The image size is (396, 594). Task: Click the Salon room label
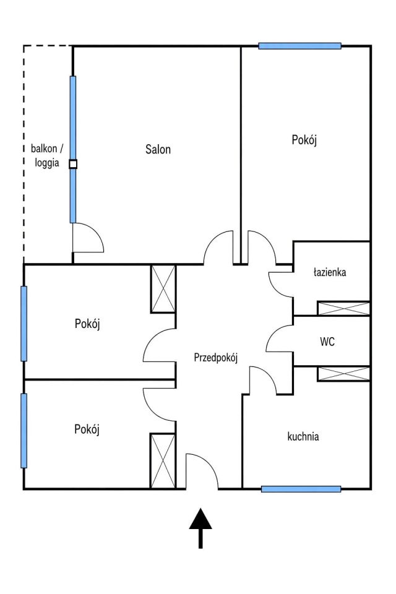pyautogui.click(x=158, y=149)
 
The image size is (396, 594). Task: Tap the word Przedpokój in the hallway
pyautogui.click(x=215, y=358)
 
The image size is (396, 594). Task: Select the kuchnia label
pyautogui.click(x=303, y=436)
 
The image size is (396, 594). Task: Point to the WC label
pyautogui.click(x=327, y=342)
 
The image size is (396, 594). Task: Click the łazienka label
pyautogui.click(x=330, y=272)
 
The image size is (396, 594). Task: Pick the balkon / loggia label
pyautogui.click(x=47, y=155)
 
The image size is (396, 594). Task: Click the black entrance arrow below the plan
pyautogui.click(x=200, y=528)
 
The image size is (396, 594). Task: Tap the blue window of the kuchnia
pyautogui.click(x=301, y=489)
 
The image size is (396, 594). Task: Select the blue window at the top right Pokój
pyautogui.click(x=299, y=46)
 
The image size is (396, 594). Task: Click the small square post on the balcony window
pyautogui.click(x=73, y=164)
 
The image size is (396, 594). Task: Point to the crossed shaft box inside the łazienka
pyautogui.click(x=343, y=308)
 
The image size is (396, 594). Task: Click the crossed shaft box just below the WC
pyautogui.click(x=343, y=374)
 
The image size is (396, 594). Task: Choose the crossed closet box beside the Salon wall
pyautogui.click(x=163, y=289)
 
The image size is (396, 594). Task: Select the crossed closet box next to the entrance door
pyautogui.click(x=163, y=461)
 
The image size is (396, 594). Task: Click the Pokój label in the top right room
pyautogui.click(x=304, y=140)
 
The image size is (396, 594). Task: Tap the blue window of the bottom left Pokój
pyautogui.click(x=24, y=431)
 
